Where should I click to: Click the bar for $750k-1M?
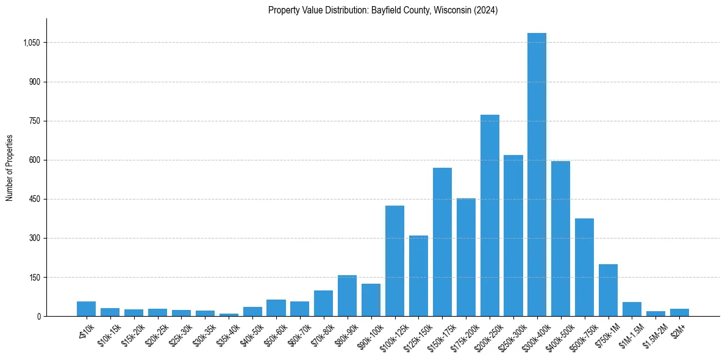tap(608, 290)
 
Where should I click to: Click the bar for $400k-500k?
tap(560, 239)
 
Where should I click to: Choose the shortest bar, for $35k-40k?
tap(229, 315)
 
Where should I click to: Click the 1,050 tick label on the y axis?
tap(32, 43)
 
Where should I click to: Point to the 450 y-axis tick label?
tap(35, 199)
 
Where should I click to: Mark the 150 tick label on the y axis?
tap(35, 277)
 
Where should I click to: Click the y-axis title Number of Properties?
tap(10, 167)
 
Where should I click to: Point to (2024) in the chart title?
tap(485, 10)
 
